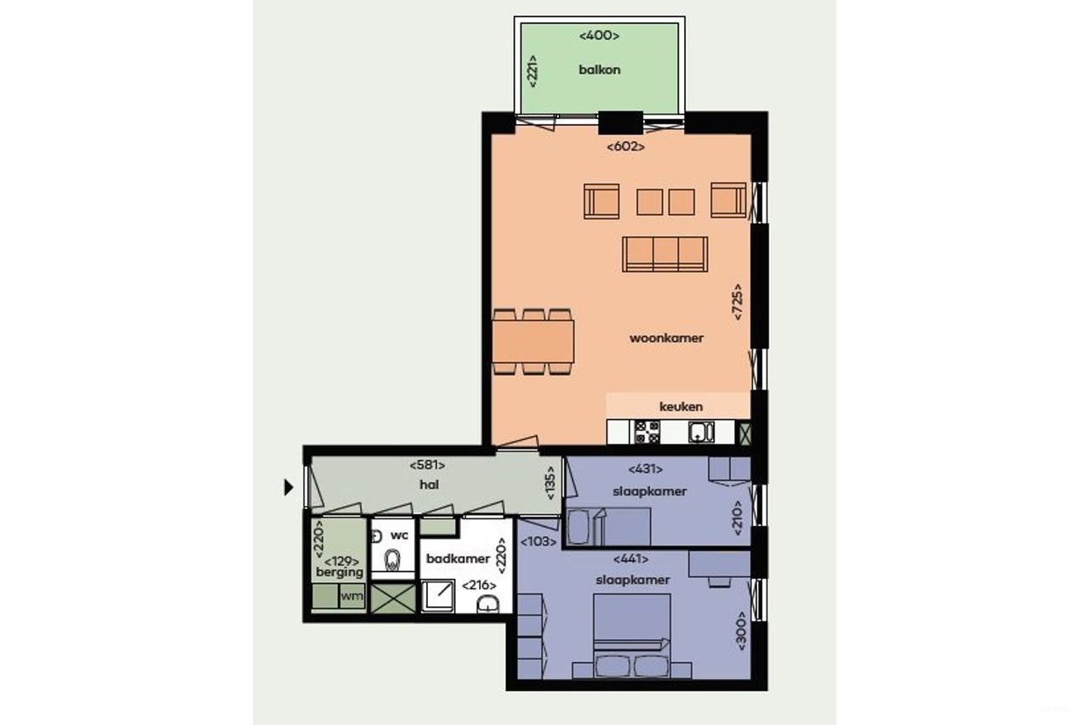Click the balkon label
(599, 70)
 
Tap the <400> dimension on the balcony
(599, 36)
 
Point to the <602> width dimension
(625, 146)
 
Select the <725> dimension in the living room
(738, 301)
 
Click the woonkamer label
(666, 338)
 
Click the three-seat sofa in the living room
(664, 254)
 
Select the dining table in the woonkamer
(533, 342)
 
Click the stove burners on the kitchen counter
(647, 432)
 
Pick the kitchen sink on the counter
(700, 432)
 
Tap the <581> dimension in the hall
(427, 465)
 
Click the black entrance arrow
(288, 487)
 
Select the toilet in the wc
(392, 561)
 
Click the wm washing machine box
(351, 597)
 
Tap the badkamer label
(459, 558)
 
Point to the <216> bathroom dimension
(479, 585)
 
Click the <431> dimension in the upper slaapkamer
(645, 468)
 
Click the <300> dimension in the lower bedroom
(741, 631)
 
